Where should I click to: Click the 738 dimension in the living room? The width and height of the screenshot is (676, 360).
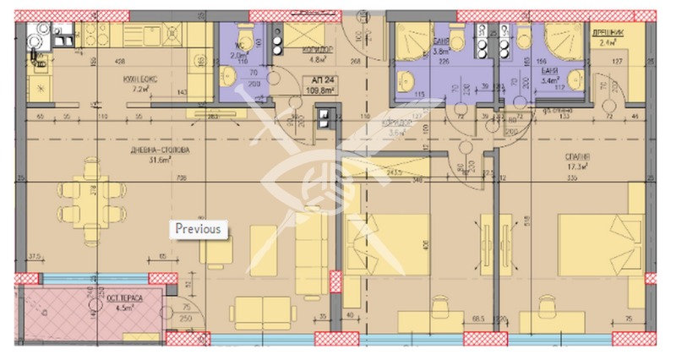click(180, 178)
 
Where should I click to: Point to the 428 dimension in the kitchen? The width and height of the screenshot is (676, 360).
click(120, 61)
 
